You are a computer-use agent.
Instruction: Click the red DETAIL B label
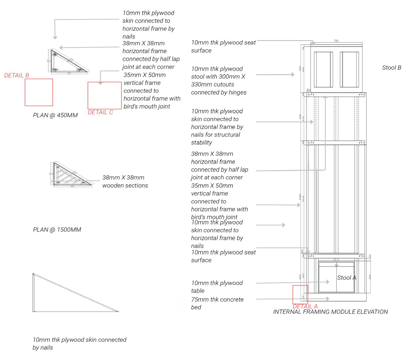tap(17, 75)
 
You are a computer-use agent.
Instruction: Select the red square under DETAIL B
tap(39, 92)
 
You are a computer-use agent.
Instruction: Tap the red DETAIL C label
tap(100, 112)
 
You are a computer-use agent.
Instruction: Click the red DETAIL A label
tap(305, 306)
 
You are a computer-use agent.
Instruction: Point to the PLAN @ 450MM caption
tap(55, 115)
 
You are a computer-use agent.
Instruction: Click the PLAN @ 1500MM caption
tap(57, 230)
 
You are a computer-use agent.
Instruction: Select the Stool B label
tap(392, 68)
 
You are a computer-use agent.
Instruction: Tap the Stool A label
tap(347, 278)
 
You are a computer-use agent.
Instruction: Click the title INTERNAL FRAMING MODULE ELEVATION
tap(330, 312)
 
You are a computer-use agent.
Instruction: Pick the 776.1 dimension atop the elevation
tap(337, 41)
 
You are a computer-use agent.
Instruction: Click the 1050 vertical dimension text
tap(300, 197)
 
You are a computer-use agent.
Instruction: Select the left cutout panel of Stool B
tap(323, 69)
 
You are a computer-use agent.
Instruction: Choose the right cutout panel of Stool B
tap(349, 69)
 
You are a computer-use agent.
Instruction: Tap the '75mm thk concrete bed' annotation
tap(217, 303)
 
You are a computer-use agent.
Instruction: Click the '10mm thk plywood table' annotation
tap(217, 287)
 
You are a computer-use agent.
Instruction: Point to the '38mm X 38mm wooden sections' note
tap(125, 181)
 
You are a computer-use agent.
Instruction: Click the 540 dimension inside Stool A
tap(336, 265)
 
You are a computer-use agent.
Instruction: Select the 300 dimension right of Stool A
tap(370, 277)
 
